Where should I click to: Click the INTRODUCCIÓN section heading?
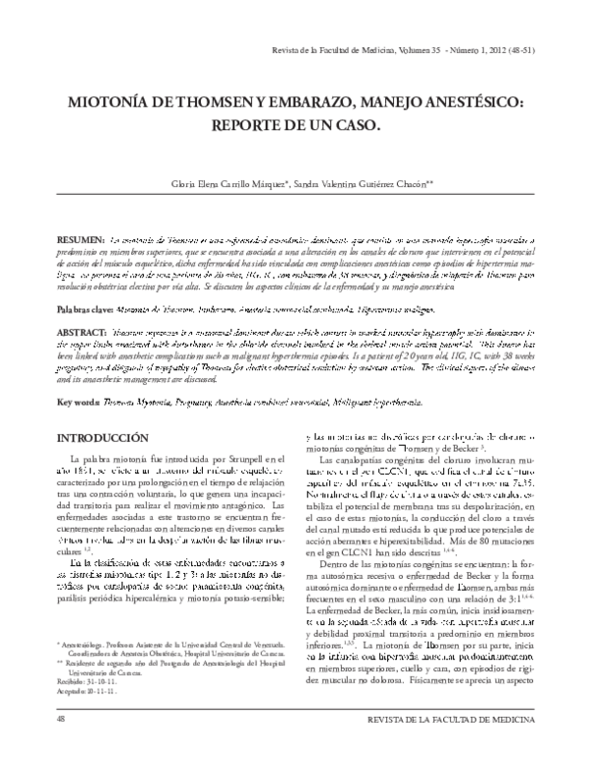(x=103, y=437)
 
